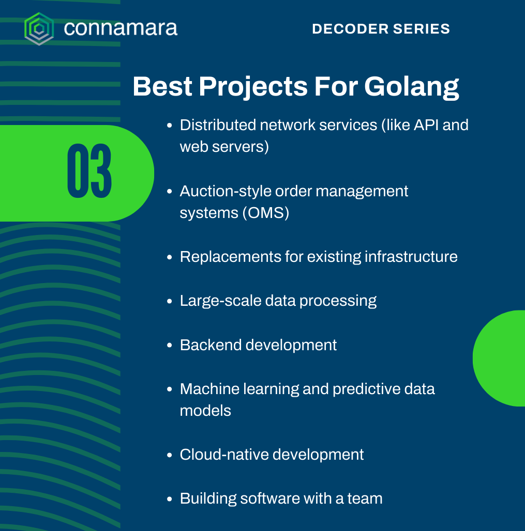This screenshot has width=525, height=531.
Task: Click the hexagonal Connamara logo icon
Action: click(x=39, y=29)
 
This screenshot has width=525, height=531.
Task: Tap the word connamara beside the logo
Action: click(x=121, y=28)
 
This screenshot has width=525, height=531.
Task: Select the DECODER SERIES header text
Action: click(x=381, y=29)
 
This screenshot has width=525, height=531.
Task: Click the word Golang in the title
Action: click(x=411, y=87)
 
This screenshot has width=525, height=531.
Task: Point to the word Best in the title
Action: click(x=162, y=86)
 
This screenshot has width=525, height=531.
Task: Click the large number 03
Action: click(x=89, y=170)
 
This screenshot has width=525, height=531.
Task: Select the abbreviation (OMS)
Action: click(x=265, y=213)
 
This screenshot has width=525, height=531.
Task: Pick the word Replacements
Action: click(x=230, y=257)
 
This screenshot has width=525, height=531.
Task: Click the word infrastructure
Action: click(x=411, y=257)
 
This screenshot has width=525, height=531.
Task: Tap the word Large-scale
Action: click(x=220, y=301)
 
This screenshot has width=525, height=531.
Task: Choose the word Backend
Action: click(x=211, y=345)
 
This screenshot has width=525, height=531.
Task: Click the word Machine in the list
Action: click(x=209, y=389)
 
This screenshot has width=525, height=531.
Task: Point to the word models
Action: click(x=205, y=411)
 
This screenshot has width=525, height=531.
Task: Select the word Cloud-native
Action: click(x=224, y=455)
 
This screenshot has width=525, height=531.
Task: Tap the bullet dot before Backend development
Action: click(x=170, y=346)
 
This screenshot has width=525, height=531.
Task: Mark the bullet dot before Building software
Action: click(x=170, y=499)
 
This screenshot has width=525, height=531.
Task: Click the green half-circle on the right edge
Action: click(x=499, y=358)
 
